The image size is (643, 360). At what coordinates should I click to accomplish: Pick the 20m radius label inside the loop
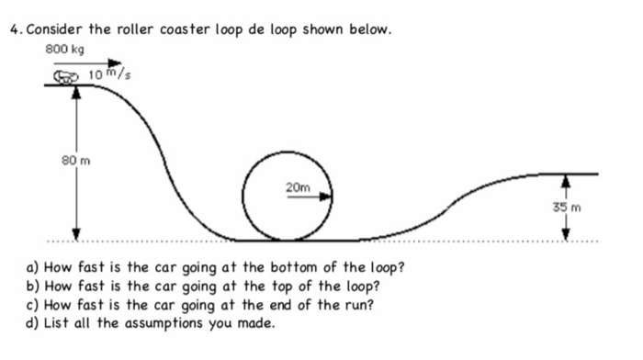pyautogui.click(x=298, y=187)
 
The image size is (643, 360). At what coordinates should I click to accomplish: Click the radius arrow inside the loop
pyautogui.click(x=308, y=197)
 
